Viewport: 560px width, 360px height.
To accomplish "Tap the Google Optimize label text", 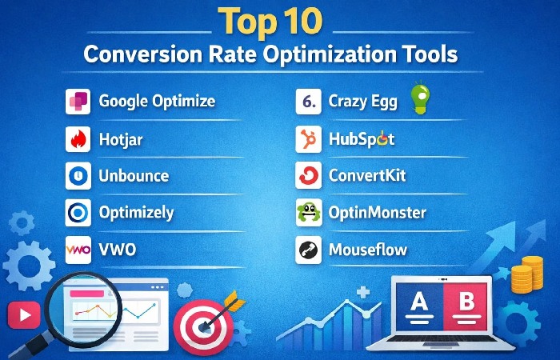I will pos(157,101).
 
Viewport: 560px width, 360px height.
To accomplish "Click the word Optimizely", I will pos(136,213).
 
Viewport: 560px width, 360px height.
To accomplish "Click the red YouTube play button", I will pos(23,314).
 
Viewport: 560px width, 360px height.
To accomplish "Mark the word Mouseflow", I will pos(368,250).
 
